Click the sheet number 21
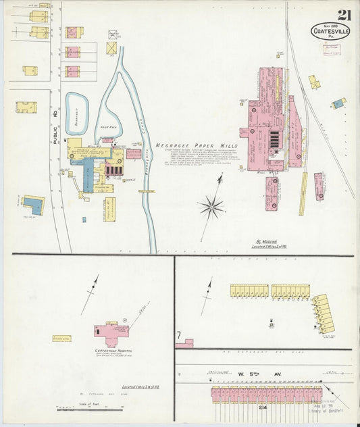344,14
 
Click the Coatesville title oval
330,30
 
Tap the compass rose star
212,206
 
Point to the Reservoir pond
80,109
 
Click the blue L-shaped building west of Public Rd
34,204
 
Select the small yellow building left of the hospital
61,338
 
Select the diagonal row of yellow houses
324,313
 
